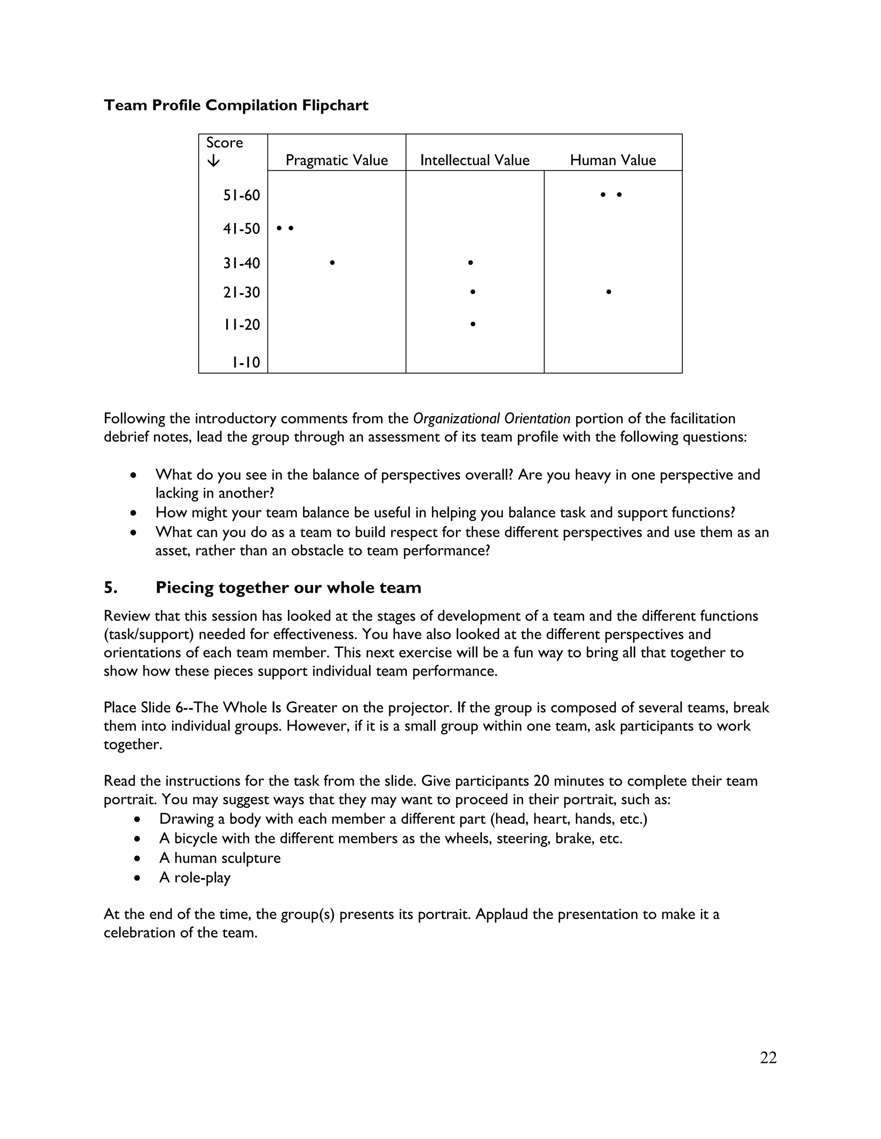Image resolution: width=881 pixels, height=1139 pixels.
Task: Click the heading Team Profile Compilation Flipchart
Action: (x=236, y=105)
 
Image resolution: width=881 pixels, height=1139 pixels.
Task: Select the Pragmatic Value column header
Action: (x=337, y=160)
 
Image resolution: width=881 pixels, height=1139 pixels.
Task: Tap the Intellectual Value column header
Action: (x=474, y=160)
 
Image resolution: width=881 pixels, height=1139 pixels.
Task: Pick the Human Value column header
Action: (x=613, y=160)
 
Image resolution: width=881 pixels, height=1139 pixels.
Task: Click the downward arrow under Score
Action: (x=213, y=161)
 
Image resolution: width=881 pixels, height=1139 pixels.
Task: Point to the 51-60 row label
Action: (x=242, y=196)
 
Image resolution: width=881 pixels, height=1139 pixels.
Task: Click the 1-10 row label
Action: (x=246, y=362)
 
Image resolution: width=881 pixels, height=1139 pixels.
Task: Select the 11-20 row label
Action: (x=242, y=325)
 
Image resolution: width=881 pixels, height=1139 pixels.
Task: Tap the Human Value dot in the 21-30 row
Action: (x=609, y=292)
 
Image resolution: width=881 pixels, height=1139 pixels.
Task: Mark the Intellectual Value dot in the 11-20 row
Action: (x=472, y=325)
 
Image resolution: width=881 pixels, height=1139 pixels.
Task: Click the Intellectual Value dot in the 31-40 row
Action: (x=470, y=263)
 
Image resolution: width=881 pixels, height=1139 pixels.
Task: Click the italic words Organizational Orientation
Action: (x=491, y=419)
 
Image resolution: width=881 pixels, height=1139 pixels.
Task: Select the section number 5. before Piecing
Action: (x=110, y=588)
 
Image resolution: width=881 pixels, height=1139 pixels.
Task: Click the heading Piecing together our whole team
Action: (x=288, y=588)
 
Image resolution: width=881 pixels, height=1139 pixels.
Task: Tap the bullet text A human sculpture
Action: (x=220, y=858)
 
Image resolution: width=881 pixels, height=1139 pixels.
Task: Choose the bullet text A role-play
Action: (x=195, y=878)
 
